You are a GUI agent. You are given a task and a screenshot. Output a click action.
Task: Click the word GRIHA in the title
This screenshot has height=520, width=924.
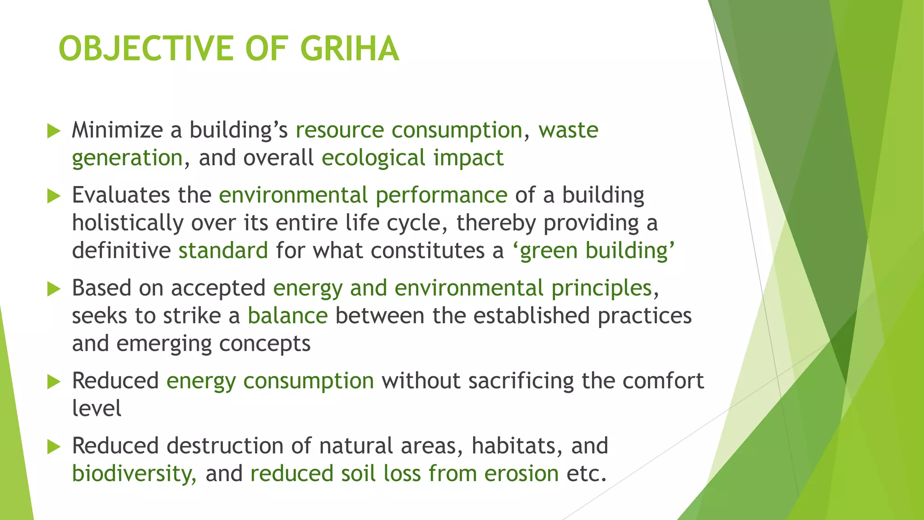tap(349, 49)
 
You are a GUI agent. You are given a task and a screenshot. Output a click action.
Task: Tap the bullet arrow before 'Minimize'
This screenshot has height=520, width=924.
tap(54, 131)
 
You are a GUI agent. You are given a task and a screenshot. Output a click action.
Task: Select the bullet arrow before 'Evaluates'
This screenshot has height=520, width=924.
tap(54, 196)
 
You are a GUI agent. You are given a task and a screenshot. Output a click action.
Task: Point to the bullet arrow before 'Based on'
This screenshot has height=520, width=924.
tap(54, 289)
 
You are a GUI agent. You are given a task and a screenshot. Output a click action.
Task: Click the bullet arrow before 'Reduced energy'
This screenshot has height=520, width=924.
tap(54, 382)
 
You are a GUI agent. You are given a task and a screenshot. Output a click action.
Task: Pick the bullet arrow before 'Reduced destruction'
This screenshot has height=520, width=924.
tap(54, 447)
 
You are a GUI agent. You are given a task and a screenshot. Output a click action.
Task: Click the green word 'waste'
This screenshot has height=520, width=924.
tap(568, 130)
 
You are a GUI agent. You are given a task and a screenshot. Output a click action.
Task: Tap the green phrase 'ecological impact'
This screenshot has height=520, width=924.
tap(412, 158)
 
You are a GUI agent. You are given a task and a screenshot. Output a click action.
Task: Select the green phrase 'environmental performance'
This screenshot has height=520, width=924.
tap(363, 195)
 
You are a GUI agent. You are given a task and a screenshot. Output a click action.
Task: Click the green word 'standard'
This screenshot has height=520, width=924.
tap(223, 251)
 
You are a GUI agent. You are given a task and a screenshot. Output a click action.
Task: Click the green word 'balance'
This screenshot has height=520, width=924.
tap(287, 316)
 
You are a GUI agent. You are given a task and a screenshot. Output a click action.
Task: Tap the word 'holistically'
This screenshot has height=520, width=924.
tap(128, 223)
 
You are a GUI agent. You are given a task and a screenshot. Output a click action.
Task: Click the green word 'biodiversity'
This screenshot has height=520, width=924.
tap(133, 474)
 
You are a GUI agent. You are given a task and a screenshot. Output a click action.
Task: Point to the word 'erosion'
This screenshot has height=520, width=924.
tap(522, 474)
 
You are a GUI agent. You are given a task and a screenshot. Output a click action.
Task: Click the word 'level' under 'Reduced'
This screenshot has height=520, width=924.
tap(97, 409)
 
